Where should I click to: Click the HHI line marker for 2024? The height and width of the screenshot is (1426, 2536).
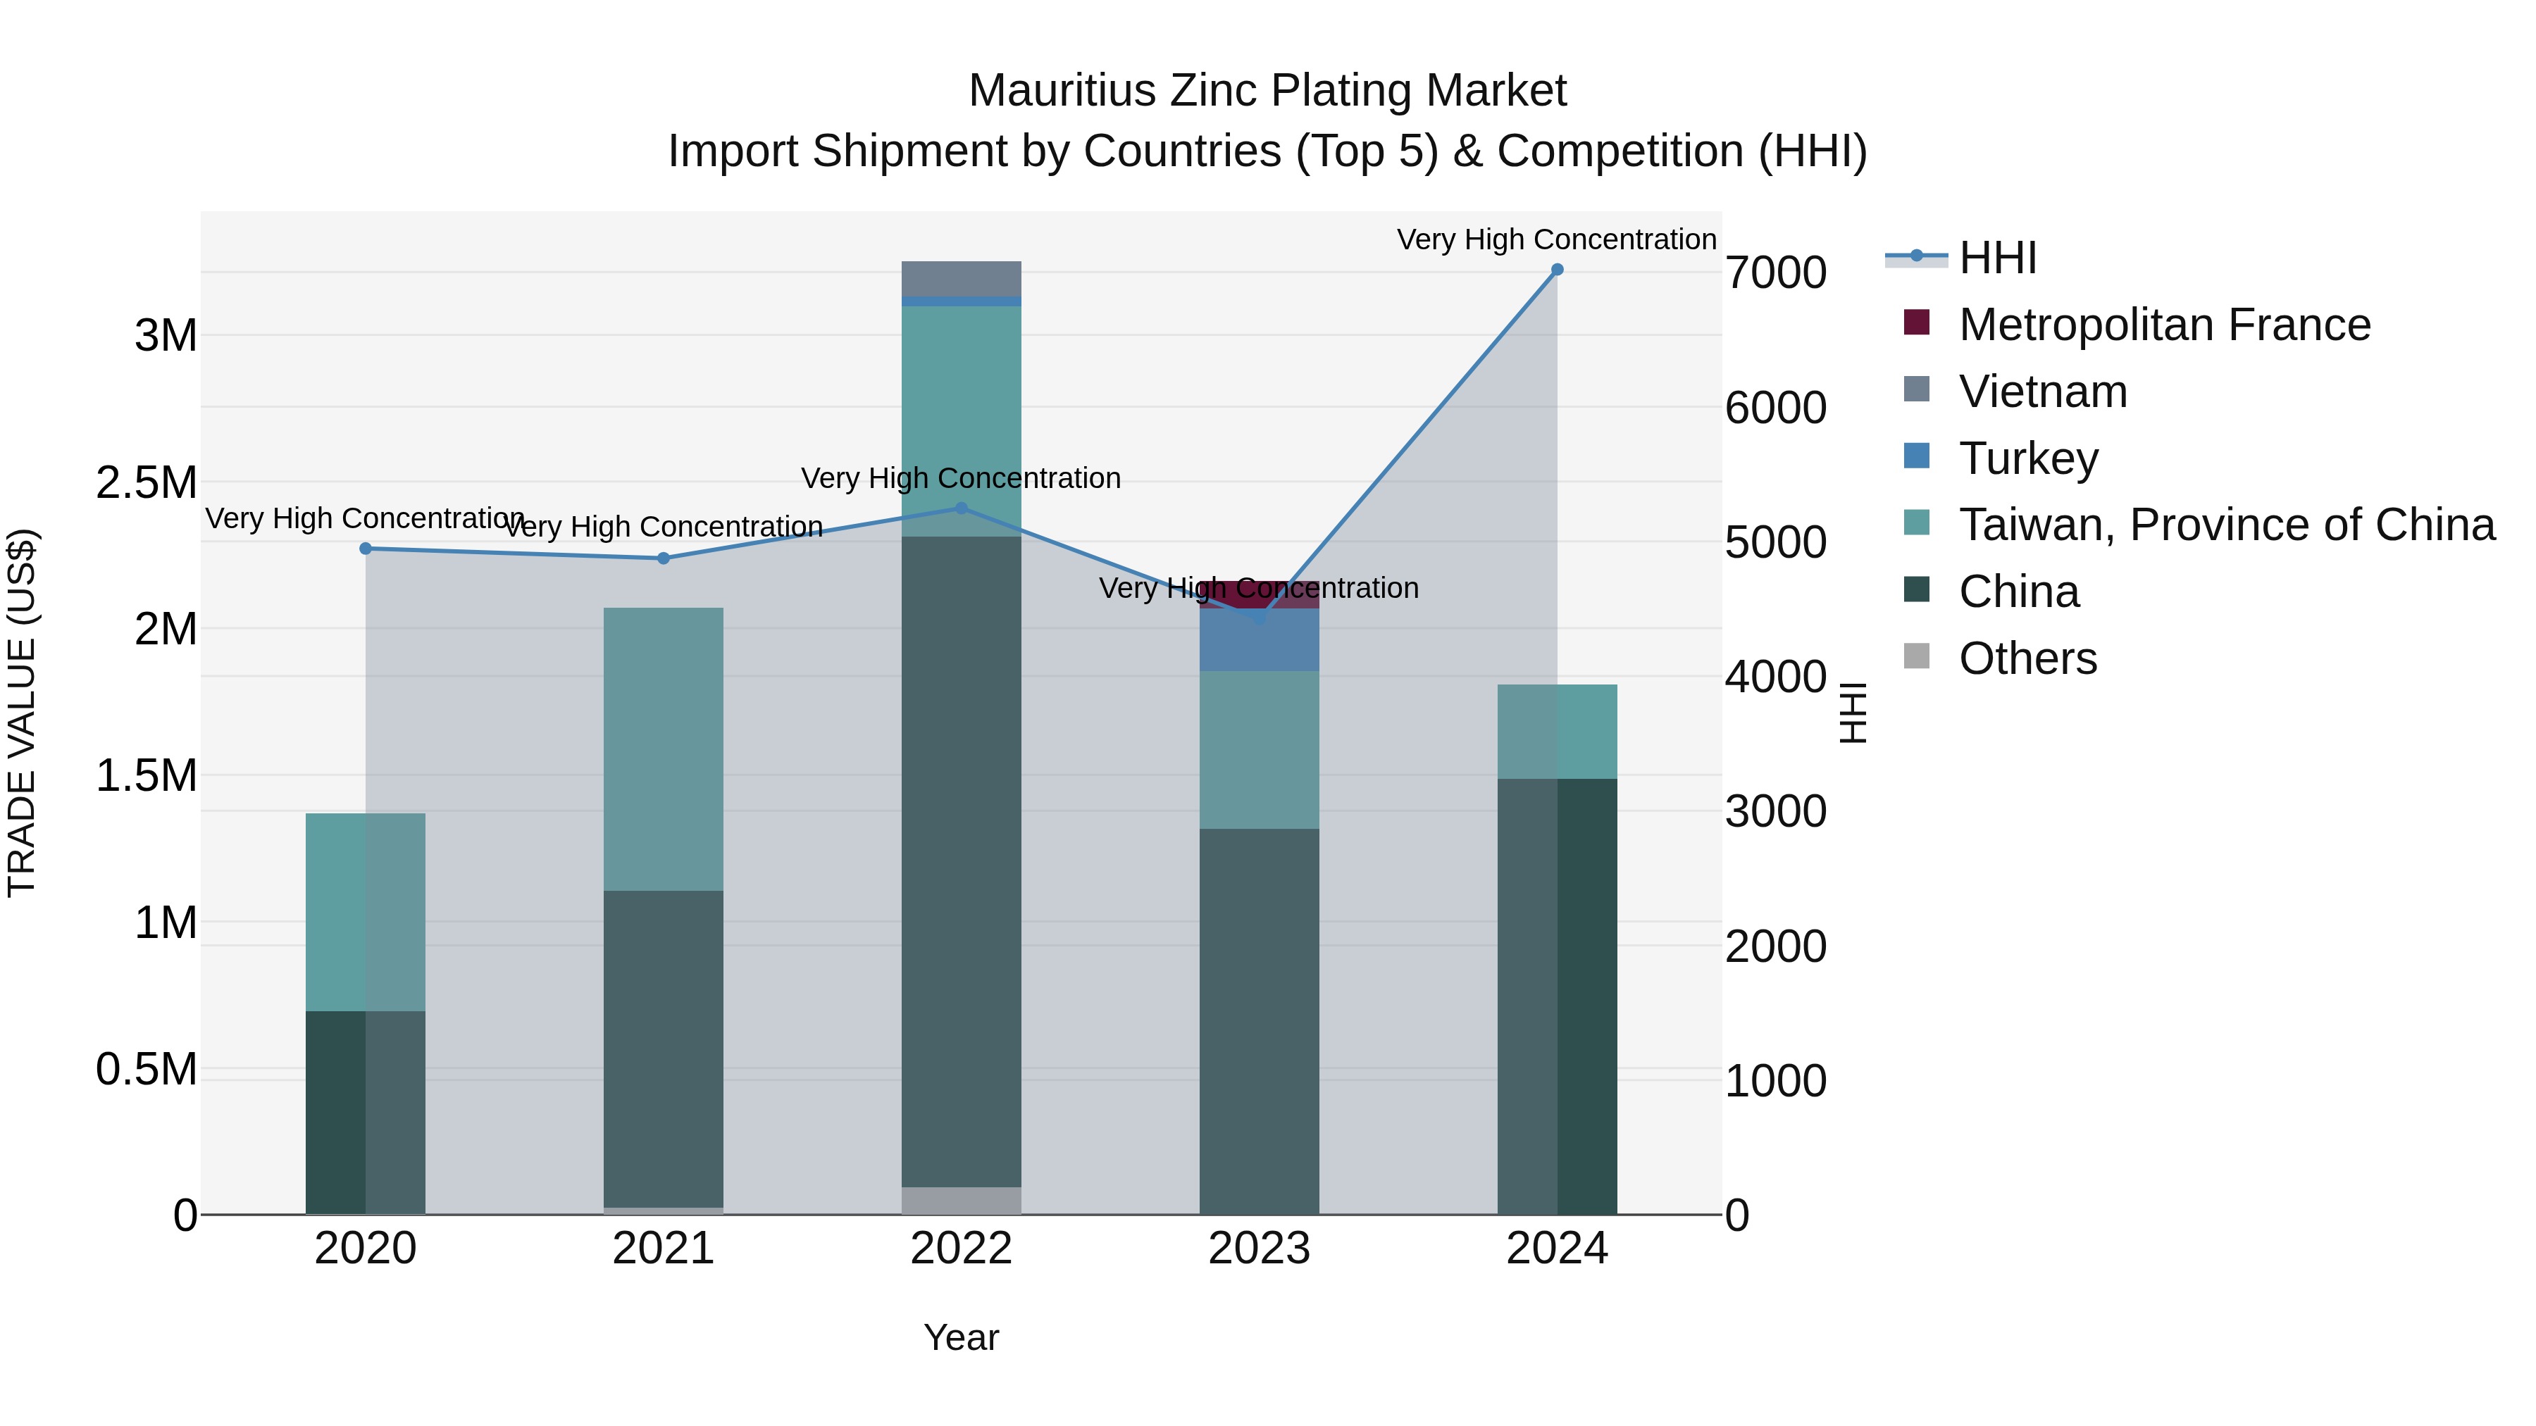click(x=1556, y=270)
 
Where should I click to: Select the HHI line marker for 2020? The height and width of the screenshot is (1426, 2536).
click(x=365, y=548)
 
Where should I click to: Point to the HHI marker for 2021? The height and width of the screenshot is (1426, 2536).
click(x=664, y=558)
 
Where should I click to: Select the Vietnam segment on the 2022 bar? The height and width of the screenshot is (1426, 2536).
click(x=962, y=278)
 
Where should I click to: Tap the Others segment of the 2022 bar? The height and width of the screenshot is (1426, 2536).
click(x=962, y=1200)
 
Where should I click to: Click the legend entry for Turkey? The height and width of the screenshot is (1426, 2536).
click(x=2028, y=458)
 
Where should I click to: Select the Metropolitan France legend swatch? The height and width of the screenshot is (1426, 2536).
click(x=1917, y=323)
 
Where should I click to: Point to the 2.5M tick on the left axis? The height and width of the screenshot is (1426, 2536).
click(x=146, y=482)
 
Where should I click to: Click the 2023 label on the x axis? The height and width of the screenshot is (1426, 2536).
click(x=1259, y=1249)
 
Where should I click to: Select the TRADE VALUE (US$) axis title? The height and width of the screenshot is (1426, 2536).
click(x=22, y=713)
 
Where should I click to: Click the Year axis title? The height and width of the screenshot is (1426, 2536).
click(x=961, y=1337)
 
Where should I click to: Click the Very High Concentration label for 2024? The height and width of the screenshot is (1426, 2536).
click(x=1556, y=239)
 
